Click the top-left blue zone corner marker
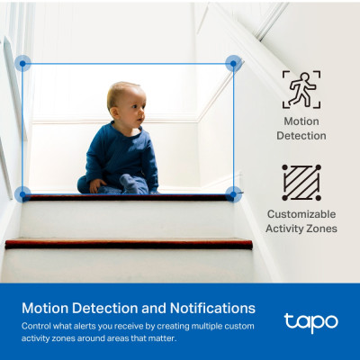point(22,63)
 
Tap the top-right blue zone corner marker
point(233,63)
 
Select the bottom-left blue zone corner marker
point(22,193)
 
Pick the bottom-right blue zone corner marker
point(233,193)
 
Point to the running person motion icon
point(301,89)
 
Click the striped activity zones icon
point(301,183)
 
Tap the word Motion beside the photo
point(301,121)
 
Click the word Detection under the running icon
point(301,136)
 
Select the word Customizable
point(301,214)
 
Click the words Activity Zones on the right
point(301,229)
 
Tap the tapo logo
point(310,321)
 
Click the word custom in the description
point(237,325)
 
